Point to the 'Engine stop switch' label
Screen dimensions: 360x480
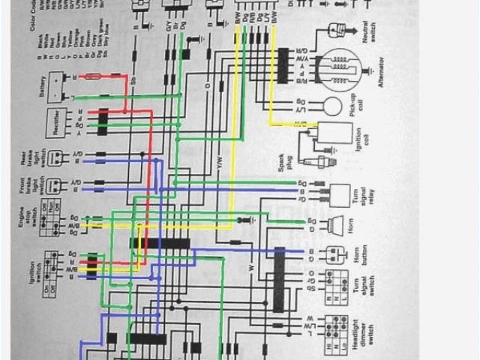coord(25,222)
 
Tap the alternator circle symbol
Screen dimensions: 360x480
coord(341,70)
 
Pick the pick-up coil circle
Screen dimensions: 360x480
coord(331,106)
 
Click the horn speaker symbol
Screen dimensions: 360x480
coord(335,224)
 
